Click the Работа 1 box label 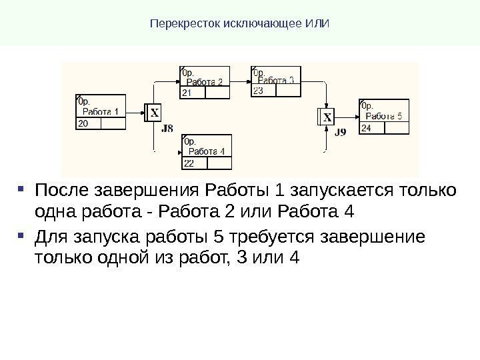click(101, 111)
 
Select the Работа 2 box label click(205, 82)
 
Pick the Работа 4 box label click(205, 151)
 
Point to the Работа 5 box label click(385, 116)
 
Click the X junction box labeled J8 click(154, 113)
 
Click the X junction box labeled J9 click(327, 117)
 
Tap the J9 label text click(340, 132)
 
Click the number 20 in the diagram click(83, 124)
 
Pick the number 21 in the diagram click(187, 94)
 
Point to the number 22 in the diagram click(189, 163)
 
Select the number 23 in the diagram click(258, 91)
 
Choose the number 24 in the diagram click(366, 127)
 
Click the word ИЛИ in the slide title click(319, 25)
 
